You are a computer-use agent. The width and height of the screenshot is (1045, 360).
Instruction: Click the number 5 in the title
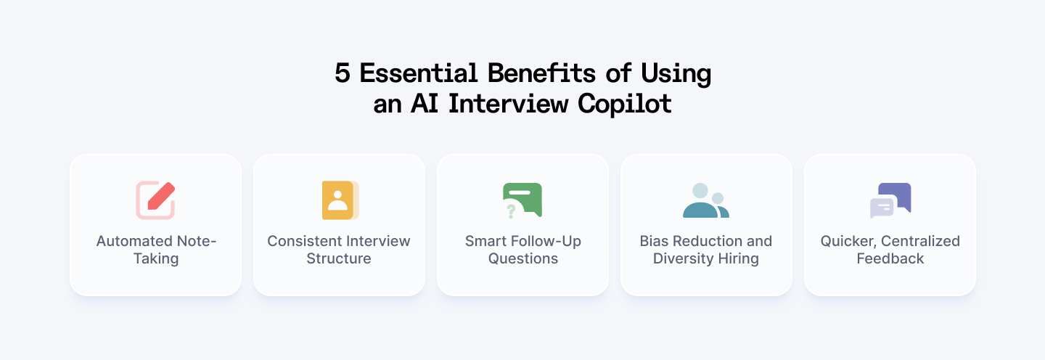pos(343,73)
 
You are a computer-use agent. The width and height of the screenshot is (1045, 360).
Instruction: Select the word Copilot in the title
pos(625,104)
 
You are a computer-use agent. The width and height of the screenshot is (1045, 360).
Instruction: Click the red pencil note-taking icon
pos(156,200)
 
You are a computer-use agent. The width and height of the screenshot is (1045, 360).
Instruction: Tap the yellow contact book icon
pos(340,200)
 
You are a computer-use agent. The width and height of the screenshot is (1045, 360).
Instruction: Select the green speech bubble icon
pos(523,198)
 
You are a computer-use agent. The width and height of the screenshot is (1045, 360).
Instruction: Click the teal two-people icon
pos(705,200)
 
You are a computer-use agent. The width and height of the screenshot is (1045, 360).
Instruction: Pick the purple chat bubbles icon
pos(890,200)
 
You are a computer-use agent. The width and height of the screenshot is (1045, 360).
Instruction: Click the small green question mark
pos(511,210)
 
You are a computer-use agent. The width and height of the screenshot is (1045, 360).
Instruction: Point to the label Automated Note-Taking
pos(156,250)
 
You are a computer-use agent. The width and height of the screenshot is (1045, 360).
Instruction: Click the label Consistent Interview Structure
pos(339,250)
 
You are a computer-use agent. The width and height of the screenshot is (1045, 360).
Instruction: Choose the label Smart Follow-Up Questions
pos(522,250)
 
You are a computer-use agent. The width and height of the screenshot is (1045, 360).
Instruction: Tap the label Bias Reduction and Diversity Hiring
pos(706,250)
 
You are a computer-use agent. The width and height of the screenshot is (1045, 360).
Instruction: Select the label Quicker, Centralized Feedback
pos(890,250)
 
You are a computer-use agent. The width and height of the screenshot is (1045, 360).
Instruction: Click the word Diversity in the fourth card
pos(684,259)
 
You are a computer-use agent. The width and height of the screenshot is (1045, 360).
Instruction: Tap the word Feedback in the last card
pos(890,259)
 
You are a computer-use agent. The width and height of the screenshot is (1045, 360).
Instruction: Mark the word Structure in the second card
pos(339,259)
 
